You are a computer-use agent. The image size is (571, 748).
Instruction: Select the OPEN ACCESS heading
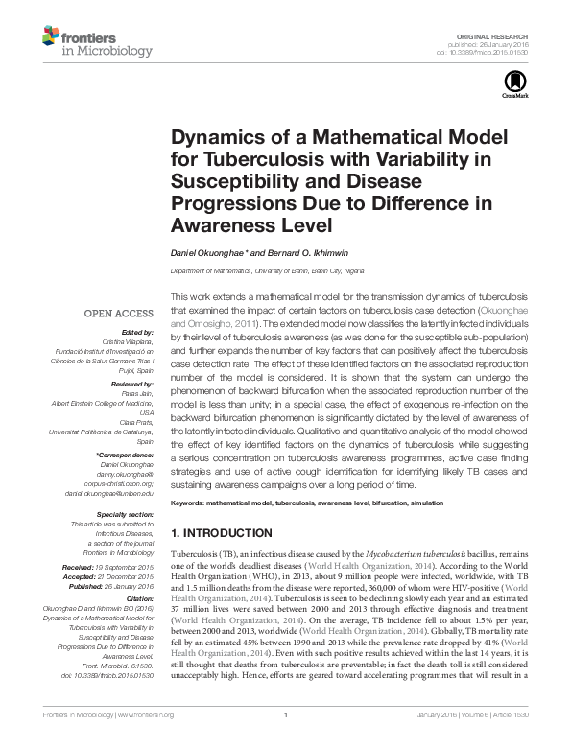point(119,314)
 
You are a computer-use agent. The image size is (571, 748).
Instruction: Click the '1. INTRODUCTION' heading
point(226,532)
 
